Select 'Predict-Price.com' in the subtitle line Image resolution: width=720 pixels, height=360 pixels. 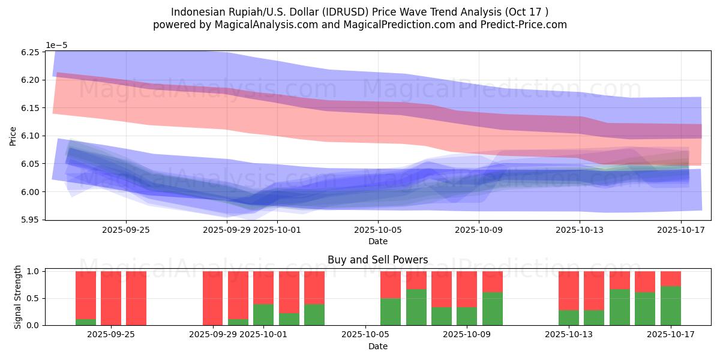point(520,25)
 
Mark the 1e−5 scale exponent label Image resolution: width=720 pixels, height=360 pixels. point(56,45)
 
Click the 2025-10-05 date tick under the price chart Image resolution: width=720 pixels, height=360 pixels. point(378,229)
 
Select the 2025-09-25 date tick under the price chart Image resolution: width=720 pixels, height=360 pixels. point(125,229)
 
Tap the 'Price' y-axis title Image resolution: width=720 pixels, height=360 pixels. point(13,136)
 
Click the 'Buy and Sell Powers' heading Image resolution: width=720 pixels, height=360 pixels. point(378,260)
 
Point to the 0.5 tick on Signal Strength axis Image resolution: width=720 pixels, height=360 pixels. point(34,298)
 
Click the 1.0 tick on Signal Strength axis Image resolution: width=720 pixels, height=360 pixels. point(34,271)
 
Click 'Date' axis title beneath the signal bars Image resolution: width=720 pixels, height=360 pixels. point(378,346)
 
